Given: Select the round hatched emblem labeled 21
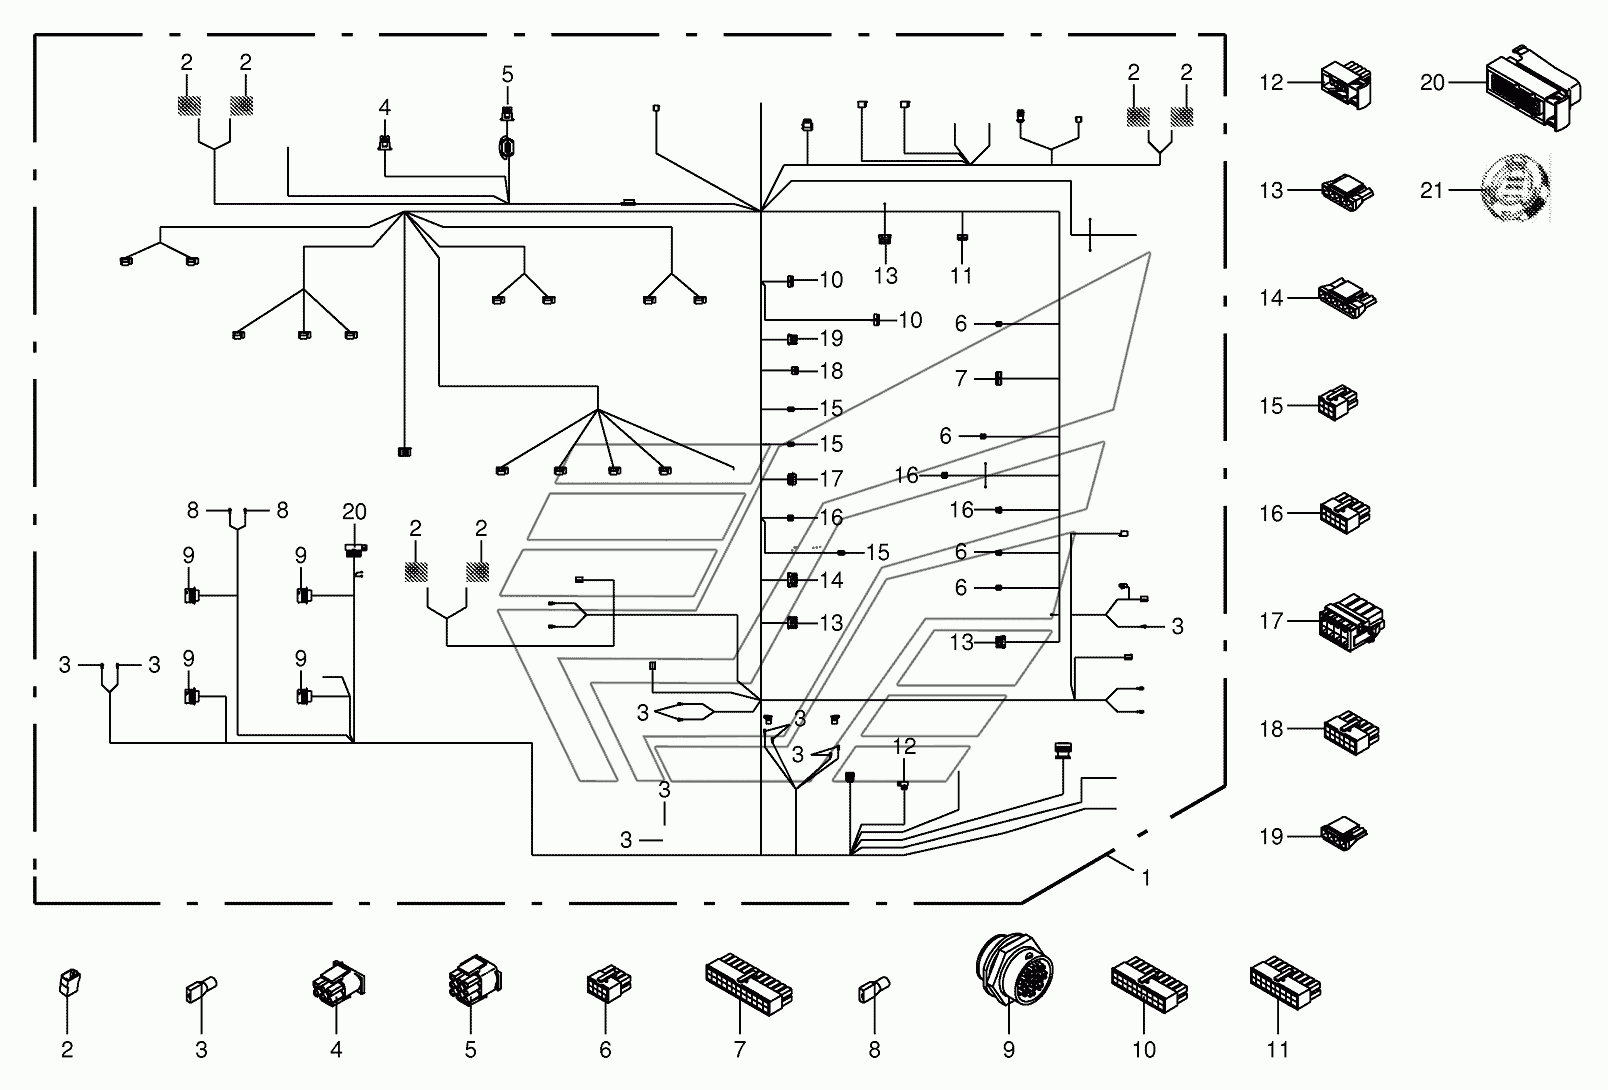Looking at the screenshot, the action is [x=1516, y=187].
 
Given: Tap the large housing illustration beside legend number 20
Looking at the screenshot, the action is [x=1532, y=88].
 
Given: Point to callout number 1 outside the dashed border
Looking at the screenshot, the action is [x=1146, y=877].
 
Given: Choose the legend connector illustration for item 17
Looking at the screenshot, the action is [x=1352, y=622].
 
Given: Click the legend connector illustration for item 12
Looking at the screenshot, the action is [x=1346, y=85].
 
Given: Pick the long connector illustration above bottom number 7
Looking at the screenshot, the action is [x=749, y=984].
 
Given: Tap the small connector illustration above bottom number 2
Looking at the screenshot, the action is [x=69, y=982].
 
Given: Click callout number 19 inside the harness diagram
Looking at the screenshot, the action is [x=831, y=338].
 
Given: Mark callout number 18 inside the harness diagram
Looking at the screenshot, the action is [x=831, y=371].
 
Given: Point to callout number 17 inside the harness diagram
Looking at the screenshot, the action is [x=831, y=478].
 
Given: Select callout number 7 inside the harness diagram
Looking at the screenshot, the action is [x=961, y=378].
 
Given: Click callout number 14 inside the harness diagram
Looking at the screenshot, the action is [x=831, y=579].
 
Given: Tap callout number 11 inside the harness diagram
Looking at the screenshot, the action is [x=961, y=276].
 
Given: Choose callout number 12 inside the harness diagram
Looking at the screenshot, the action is [x=904, y=747].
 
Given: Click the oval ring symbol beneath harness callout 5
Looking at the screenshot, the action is [x=508, y=147].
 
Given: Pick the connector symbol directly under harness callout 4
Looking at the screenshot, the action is [x=385, y=142].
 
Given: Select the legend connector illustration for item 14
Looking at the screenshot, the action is [x=1347, y=298].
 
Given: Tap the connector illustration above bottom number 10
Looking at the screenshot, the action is [x=1149, y=984].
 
